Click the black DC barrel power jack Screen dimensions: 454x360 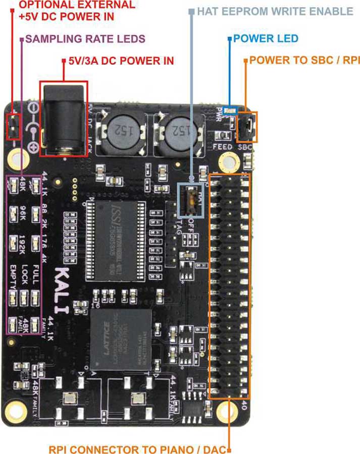(64, 119)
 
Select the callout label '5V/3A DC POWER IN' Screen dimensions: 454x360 (122, 61)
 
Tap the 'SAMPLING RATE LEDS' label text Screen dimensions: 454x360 (85, 39)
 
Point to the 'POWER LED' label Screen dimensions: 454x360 (266, 39)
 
